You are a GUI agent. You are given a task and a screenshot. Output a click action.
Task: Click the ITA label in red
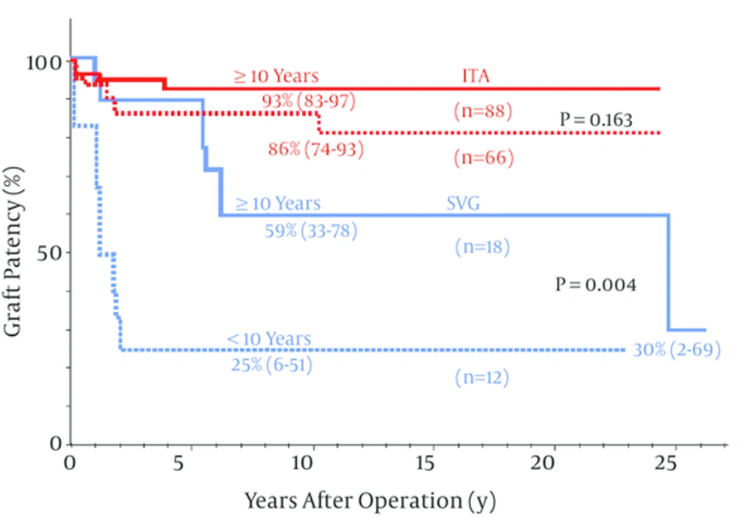pyautogui.click(x=477, y=76)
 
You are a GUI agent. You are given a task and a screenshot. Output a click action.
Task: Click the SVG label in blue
pyautogui.click(x=464, y=204)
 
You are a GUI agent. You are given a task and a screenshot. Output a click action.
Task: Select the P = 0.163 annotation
pyautogui.click(x=596, y=119)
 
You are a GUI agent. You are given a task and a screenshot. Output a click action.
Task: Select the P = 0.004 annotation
pyautogui.click(x=596, y=285)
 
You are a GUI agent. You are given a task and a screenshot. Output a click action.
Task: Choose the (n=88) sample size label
pyautogui.click(x=483, y=112)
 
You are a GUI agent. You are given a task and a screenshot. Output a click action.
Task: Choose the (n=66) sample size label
pyautogui.click(x=483, y=158)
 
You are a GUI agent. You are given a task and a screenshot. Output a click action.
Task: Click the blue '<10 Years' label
pyautogui.click(x=269, y=340)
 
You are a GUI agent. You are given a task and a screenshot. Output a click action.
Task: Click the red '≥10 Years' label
pyautogui.click(x=276, y=76)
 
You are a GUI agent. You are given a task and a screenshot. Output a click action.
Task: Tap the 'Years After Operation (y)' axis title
pyautogui.click(x=370, y=500)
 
